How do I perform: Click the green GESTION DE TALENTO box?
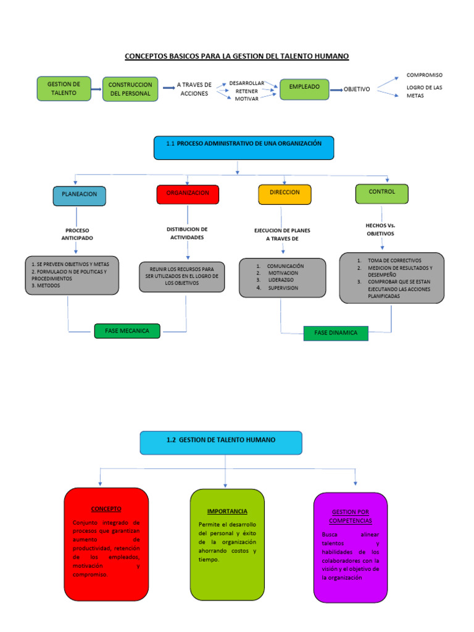(x=64, y=88)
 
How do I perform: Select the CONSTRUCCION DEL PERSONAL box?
(x=130, y=89)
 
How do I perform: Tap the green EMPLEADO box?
(x=304, y=88)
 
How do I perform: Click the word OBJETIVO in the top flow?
(x=357, y=89)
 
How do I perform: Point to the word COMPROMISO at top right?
(x=424, y=75)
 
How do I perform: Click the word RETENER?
(x=246, y=91)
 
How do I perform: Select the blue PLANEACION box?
(x=80, y=194)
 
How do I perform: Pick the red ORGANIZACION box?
(x=187, y=194)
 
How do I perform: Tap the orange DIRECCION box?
(x=285, y=193)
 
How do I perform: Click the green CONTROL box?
(x=381, y=193)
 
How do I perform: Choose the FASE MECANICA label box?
(x=127, y=331)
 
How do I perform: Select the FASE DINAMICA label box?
(x=336, y=333)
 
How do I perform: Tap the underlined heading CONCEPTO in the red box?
(x=106, y=509)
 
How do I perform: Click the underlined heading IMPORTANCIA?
(x=227, y=512)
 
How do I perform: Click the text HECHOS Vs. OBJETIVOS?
(x=380, y=230)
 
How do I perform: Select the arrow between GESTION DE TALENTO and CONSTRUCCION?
(x=96, y=89)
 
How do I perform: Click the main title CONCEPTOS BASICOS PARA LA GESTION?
(x=237, y=56)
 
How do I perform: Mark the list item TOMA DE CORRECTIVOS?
(x=394, y=261)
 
